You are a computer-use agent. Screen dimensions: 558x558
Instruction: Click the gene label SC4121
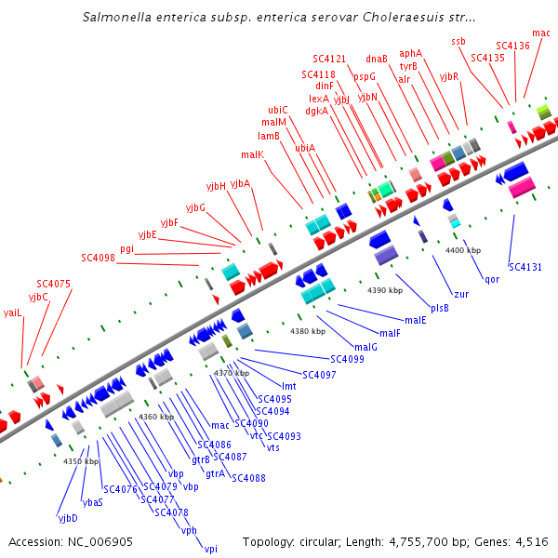click(329, 59)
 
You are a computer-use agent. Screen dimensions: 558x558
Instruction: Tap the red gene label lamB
click(269, 136)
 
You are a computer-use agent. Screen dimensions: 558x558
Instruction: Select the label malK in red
click(252, 154)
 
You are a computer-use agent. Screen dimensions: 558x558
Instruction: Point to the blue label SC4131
click(525, 267)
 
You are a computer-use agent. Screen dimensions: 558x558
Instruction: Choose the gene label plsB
click(440, 307)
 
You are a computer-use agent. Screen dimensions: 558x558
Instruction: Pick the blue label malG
click(366, 347)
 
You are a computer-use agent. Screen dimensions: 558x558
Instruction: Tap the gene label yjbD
click(68, 517)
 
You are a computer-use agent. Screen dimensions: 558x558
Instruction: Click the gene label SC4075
click(53, 284)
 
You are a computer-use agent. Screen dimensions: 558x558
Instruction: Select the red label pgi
click(126, 248)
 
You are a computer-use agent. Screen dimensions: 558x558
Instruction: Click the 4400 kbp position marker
click(463, 250)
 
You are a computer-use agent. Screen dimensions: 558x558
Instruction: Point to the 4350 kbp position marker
click(81, 460)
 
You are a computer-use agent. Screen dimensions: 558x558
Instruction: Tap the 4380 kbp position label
click(308, 331)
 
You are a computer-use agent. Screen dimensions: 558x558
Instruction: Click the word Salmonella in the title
click(116, 17)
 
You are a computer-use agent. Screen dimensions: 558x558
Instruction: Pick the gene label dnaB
click(377, 59)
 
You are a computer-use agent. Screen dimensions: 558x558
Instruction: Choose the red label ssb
click(458, 41)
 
